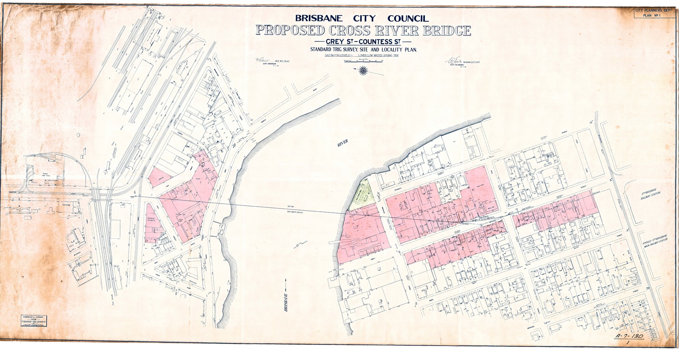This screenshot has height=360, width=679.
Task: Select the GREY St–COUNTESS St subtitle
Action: click(363, 42)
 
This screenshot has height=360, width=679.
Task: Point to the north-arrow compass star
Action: click(363, 71)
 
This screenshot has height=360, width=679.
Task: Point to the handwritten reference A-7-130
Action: click(629, 336)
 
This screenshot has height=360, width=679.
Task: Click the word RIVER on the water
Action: click(343, 143)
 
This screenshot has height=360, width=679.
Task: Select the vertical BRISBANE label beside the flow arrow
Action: click(286, 302)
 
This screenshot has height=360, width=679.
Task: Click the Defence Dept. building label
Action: click(67, 205)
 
